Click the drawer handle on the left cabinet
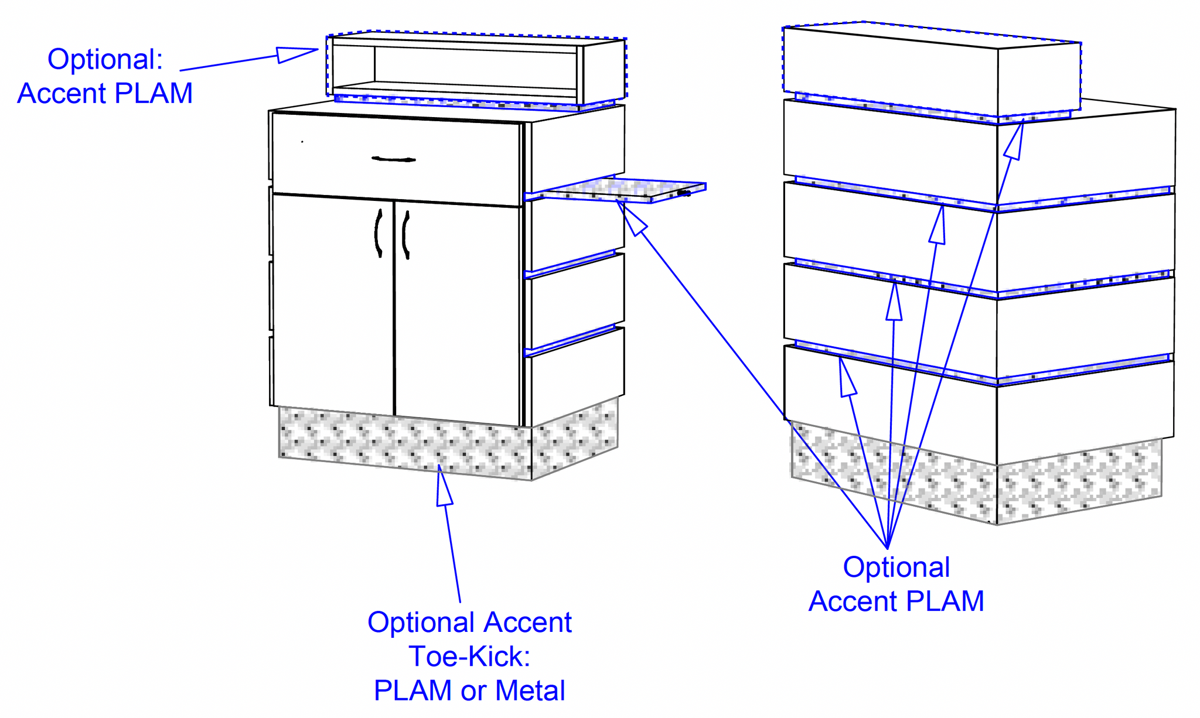pyautogui.click(x=394, y=159)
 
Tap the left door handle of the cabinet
pyautogui.click(x=378, y=233)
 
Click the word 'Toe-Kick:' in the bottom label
pyautogui.click(x=469, y=656)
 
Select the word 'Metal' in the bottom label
pyautogui.click(x=530, y=690)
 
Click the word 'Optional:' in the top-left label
pyautogui.click(x=105, y=59)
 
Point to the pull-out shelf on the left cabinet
pyautogui.click(x=621, y=190)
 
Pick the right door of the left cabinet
pyautogui.click(x=457, y=310)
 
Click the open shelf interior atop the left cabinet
pyautogui.click(x=475, y=67)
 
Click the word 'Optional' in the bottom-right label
pyautogui.click(x=896, y=567)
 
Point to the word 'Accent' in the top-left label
pyautogui.click(x=62, y=94)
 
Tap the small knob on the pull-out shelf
pyautogui.click(x=683, y=193)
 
